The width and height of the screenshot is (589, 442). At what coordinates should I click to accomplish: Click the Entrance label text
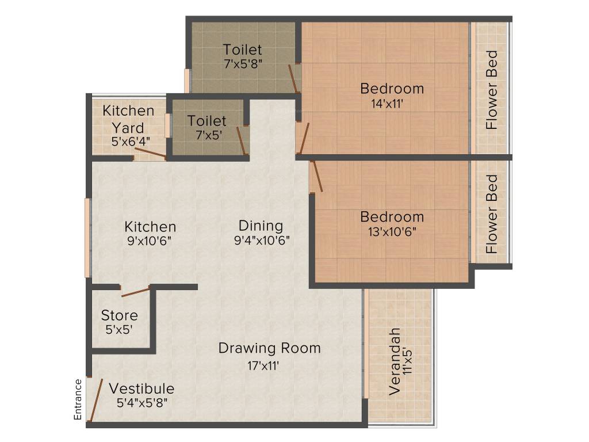(x=78, y=399)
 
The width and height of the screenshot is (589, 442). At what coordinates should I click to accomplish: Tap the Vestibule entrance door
(x=96, y=400)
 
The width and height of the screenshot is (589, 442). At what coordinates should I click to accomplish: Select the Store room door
(x=136, y=291)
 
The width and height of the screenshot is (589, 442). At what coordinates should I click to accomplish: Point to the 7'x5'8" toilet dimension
(x=243, y=64)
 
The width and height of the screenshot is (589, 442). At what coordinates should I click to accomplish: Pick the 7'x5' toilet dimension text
(x=206, y=135)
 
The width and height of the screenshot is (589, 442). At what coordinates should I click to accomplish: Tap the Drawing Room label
(x=269, y=348)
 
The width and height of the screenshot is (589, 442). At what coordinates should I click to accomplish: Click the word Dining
(x=261, y=226)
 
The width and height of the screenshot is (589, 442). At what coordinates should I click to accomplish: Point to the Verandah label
(x=395, y=361)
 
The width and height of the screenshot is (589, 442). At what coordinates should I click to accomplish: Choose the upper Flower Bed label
(x=491, y=90)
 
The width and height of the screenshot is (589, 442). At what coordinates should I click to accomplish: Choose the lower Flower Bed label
(x=491, y=215)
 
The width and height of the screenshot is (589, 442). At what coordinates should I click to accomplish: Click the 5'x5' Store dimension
(x=119, y=330)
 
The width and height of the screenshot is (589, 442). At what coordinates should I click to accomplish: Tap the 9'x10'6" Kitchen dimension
(x=150, y=241)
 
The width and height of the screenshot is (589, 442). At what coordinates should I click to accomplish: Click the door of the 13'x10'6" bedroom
(x=316, y=177)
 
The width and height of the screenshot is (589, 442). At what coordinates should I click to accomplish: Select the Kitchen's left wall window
(x=88, y=238)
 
